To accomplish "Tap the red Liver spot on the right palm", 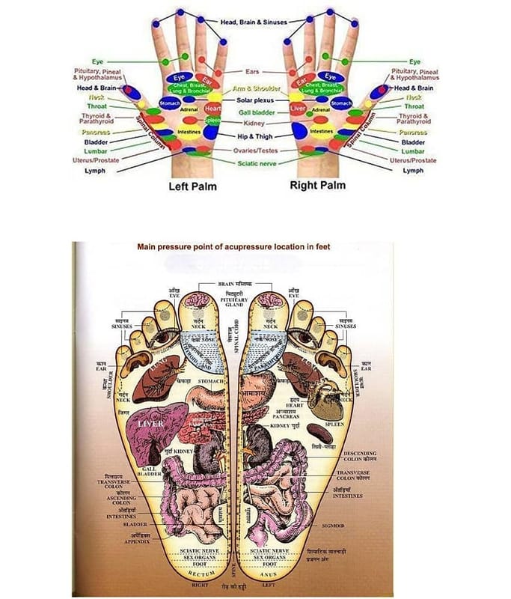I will coord(297,110).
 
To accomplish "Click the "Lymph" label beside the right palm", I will coord(413,171).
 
